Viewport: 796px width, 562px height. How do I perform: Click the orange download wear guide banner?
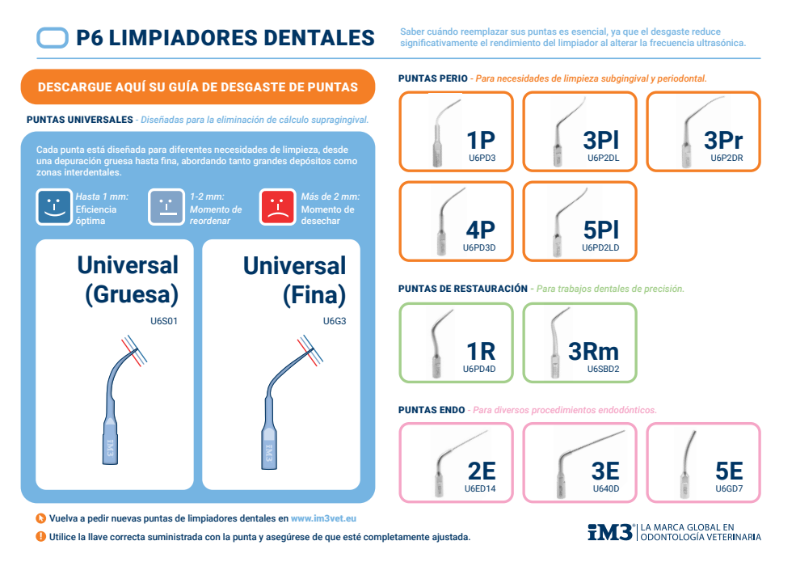coord(198,87)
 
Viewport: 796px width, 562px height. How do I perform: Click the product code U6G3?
coord(334,321)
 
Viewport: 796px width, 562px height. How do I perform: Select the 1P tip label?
coord(481,140)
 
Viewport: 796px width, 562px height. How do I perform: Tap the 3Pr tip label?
coord(723,140)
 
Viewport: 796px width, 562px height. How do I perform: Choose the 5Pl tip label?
coord(600,230)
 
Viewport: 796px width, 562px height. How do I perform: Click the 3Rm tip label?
coord(593,350)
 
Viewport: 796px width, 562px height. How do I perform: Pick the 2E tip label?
coord(481,471)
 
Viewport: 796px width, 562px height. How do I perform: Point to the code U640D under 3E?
coord(605,488)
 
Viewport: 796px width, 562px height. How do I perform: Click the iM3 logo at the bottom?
coord(610,531)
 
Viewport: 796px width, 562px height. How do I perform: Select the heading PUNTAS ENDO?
coord(432,410)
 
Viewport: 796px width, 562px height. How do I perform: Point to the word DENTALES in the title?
coord(316,37)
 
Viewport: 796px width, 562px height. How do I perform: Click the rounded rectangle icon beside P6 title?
coord(53,37)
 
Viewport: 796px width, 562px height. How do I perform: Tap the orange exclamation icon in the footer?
coord(40,536)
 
